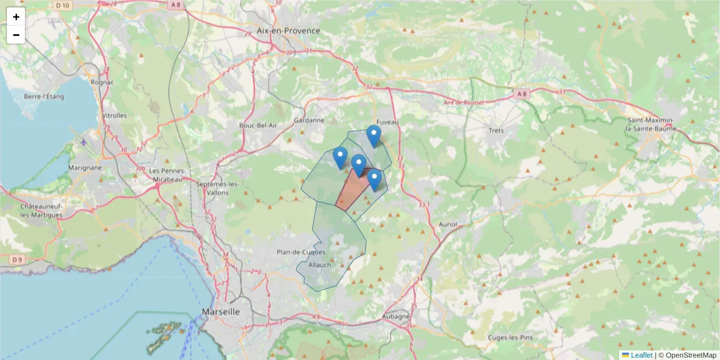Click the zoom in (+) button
(16, 17)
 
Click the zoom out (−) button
(16, 35)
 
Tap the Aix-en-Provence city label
(288, 31)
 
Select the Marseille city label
(221, 312)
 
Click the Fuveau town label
(388, 122)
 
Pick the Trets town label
(496, 130)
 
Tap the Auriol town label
(448, 224)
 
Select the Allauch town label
(319, 265)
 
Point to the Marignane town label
(85, 168)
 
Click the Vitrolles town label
(115, 115)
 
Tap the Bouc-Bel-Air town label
(258, 125)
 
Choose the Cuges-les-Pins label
(511, 337)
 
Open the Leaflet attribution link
(641, 355)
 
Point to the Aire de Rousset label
(463, 103)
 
